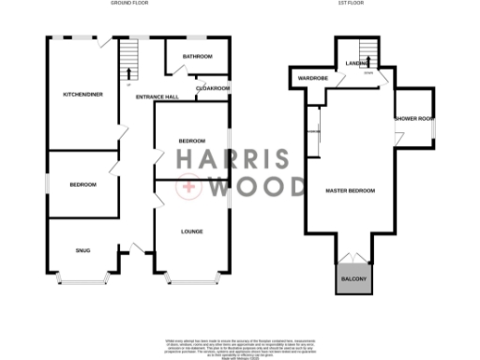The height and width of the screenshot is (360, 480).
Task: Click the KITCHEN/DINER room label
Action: [82, 95]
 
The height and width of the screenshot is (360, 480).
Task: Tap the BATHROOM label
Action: [197, 57]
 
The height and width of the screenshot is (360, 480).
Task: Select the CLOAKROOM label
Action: [213, 88]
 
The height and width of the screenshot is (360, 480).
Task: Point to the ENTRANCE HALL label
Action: [156, 97]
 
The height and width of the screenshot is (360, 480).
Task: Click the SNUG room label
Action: [82, 248]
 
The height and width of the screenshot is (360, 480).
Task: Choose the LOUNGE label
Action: [192, 231]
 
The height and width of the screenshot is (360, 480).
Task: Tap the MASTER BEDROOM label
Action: [350, 190]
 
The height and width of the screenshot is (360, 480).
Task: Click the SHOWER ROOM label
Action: [413, 118]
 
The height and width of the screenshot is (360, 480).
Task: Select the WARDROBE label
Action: [312, 78]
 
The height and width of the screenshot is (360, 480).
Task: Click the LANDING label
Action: [355, 63]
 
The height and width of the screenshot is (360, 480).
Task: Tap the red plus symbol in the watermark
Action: [190, 187]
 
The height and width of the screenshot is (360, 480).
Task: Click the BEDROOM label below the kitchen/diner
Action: [82, 185]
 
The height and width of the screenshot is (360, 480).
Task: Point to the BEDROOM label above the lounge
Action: [192, 141]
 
